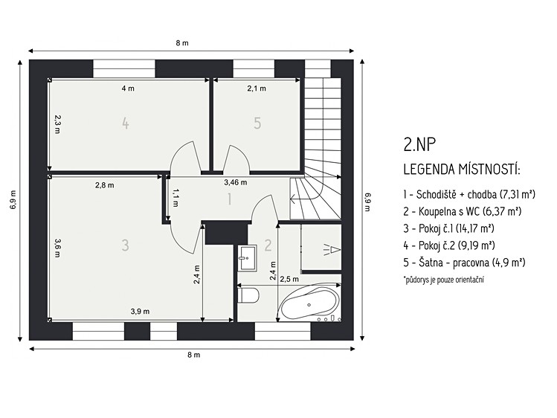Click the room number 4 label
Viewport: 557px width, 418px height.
click(125, 123)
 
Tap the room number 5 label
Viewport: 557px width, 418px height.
click(257, 123)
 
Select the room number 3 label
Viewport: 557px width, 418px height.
click(125, 245)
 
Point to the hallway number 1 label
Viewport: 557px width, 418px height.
click(230, 199)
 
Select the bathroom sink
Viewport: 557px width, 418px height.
click(247, 257)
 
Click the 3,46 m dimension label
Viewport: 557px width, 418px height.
click(236, 182)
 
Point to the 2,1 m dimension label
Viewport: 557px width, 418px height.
click(257, 89)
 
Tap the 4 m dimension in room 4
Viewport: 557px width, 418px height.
click(128, 89)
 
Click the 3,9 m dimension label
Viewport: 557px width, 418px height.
click(140, 312)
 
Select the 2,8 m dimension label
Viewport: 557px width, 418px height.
click(104, 185)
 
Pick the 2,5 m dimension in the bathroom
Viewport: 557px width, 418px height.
click(289, 279)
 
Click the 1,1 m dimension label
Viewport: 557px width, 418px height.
click(176, 198)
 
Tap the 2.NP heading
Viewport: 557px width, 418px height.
click(419, 144)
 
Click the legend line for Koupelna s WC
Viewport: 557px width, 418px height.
click(462, 212)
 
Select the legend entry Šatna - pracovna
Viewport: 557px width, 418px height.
click(464, 263)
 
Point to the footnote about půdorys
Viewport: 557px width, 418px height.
click(443, 280)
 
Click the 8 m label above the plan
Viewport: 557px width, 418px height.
click(182, 43)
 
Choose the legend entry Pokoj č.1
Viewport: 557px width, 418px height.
click(448, 228)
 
